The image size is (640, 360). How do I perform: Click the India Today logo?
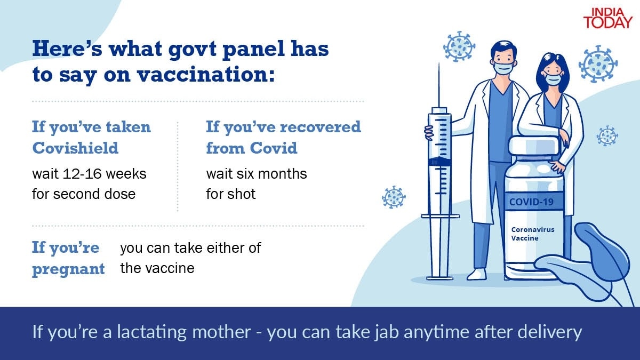coord(607,18)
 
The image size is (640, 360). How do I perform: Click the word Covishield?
coord(75,148)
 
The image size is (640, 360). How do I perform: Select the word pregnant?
coord(68,269)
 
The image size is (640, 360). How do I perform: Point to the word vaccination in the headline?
coord(206,75)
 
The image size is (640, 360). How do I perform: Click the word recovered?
coord(307,127)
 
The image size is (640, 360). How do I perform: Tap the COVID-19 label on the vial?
coord(531,202)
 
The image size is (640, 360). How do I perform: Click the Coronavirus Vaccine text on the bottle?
coord(533,234)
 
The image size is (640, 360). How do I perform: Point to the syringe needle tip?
coord(439,64)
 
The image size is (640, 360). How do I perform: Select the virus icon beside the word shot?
coord(394,197)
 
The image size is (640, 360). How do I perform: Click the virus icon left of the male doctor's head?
coord(459,46)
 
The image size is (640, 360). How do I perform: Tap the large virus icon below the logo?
coord(598,64)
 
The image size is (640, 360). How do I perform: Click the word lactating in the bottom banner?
coord(151,332)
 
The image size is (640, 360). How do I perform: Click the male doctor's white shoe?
coord(477,274)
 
